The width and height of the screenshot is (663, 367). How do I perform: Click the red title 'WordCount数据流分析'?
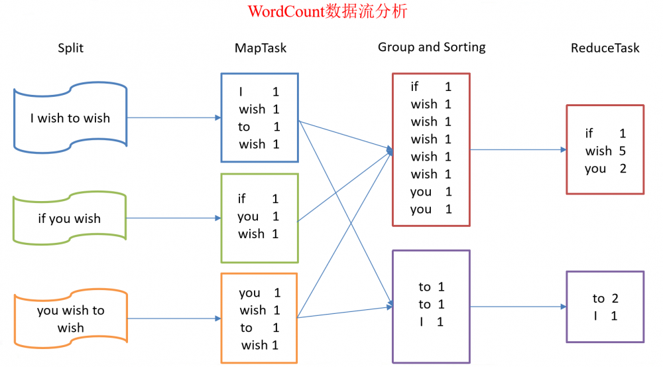click(328, 12)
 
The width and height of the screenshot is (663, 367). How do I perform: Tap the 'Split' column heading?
click(71, 48)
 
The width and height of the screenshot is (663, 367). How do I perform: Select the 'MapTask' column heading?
click(261, 48)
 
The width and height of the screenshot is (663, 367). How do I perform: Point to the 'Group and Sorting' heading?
click(432, 47)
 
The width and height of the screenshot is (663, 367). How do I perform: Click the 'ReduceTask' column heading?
click(605, 48)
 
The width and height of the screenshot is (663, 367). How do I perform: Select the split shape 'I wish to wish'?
click(70, 118)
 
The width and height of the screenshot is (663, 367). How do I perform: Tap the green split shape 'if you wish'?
click(70, 218)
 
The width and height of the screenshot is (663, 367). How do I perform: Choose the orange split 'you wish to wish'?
click(70, 319)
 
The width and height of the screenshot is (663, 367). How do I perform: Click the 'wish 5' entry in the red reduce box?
click(605, 151)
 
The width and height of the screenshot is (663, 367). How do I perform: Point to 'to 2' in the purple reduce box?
click(605, 299)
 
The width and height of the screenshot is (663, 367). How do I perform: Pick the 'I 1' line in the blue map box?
click(259, 92)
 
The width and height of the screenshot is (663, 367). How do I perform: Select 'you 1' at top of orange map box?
click(259, 293)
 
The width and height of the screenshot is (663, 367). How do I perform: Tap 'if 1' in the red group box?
click(431, 86)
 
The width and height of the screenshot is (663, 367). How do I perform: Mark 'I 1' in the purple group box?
click(431, 322)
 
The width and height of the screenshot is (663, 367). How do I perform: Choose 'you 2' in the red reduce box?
click(605, 169)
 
